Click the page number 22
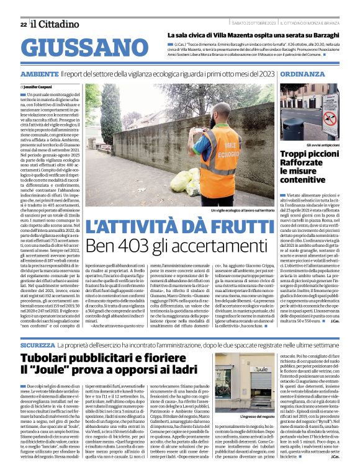point(23,24)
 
